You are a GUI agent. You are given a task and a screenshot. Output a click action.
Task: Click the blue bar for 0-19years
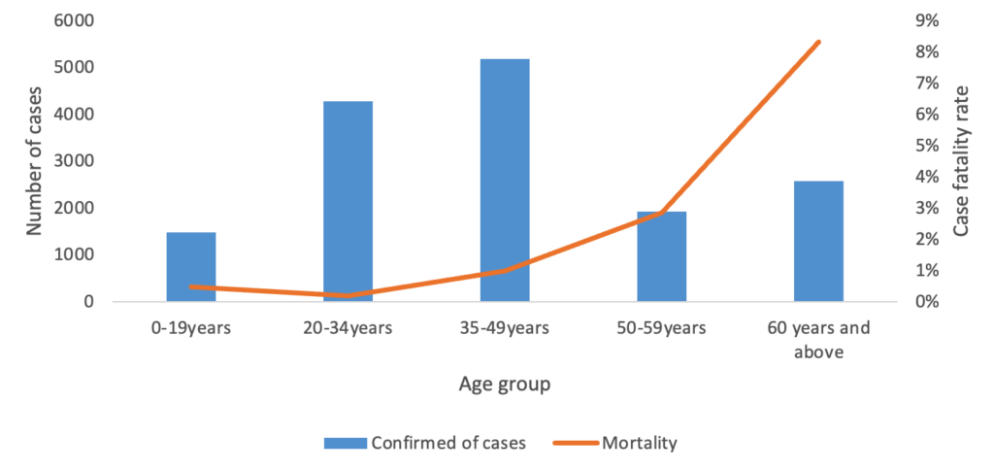(x=190, y=267)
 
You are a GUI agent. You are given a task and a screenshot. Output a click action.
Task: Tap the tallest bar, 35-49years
(x=505, y=181)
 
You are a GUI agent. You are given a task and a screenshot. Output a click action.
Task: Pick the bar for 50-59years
(x=662, y=256)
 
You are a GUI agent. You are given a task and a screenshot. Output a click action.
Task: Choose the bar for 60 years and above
(x=818, y=241)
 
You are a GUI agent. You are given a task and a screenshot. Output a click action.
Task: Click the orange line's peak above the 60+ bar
(x=818, y=42)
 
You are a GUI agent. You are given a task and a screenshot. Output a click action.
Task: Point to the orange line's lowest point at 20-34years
(x=348, y=295)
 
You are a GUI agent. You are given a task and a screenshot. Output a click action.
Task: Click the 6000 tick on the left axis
(x=76, y=20)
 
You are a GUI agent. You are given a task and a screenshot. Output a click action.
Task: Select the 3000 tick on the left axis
(x=76, y=161)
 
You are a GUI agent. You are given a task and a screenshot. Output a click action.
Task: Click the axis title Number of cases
(x=34, y=160)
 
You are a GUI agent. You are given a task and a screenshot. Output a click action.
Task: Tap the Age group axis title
(x=504, y=385)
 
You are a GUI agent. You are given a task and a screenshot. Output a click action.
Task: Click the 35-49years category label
(x=505, y=328)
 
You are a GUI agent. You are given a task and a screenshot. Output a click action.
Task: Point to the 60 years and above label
(x=818, y=339)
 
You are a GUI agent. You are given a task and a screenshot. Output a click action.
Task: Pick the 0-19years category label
(x=190, y=328)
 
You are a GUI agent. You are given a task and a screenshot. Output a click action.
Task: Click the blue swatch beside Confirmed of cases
(x=345, y=443)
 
